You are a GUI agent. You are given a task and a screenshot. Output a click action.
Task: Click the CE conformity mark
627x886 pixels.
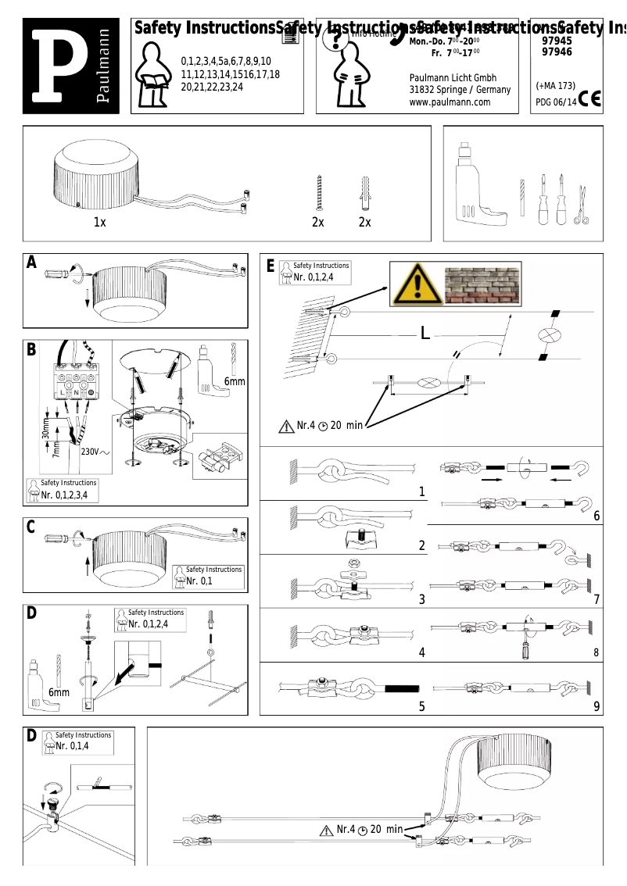coord(591,100)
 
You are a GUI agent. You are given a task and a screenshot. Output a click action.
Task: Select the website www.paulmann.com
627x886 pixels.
coord(450,102)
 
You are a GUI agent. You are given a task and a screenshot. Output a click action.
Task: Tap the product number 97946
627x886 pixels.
coord(557,52)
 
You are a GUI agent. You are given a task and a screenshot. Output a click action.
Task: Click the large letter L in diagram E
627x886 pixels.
coord(425,334)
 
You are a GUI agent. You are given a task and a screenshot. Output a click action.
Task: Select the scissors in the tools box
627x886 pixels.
coord(580,205)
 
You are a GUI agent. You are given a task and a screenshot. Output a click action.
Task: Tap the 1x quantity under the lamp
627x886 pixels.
coord(99,223)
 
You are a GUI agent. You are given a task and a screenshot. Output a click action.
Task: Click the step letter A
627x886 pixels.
coord(32,263)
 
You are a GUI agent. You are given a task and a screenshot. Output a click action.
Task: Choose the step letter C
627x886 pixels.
coord(32,527)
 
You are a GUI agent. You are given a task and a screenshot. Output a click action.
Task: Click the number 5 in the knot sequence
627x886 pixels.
coord(421,707)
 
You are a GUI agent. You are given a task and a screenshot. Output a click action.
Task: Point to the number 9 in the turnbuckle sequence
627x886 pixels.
coord(597,707)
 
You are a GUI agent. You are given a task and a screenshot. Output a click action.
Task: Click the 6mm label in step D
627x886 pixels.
coord(59,692)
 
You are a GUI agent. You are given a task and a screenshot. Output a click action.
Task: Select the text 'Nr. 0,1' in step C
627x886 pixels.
coord(199,581)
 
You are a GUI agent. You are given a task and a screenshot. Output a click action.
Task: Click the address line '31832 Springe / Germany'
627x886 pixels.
coord(460,90)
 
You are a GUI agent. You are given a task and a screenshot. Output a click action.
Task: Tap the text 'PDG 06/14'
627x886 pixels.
coord(556,102)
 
